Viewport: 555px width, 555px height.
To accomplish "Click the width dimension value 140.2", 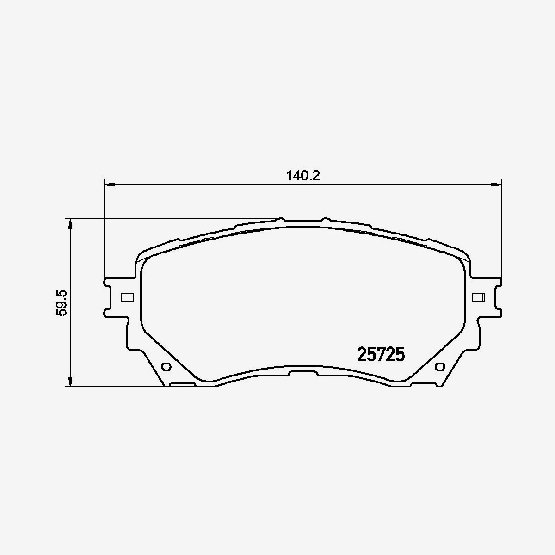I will (303, 176).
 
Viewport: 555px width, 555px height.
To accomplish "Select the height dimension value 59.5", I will (62, 302).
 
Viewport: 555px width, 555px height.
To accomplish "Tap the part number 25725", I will (381, 355).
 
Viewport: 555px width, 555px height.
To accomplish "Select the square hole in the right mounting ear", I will (478, 297).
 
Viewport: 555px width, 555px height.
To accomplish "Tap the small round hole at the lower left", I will (166, 367).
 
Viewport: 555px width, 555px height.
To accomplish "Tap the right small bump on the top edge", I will (325, 219).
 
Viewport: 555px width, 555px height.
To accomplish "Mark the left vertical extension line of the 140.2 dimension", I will (104, 231).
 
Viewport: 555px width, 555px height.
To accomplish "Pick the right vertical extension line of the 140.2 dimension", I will (502, 231).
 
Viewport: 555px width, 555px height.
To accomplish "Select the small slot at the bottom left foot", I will (184, 384).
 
